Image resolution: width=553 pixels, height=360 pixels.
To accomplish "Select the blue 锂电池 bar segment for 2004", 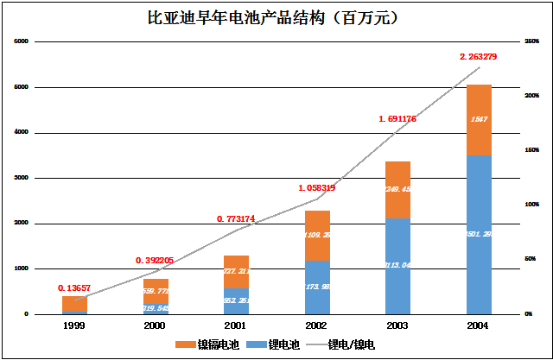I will (x=479, y=233).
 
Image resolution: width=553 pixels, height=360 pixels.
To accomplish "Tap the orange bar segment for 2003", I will (x=397, y=190).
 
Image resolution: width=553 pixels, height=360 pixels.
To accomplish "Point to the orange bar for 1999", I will (x=74, y=303).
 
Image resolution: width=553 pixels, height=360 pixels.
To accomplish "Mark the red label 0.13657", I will (x=75, y=287).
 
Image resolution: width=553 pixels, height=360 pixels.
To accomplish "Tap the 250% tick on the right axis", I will (x=532, y=41).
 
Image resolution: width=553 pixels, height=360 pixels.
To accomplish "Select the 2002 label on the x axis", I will (x=316, y=325).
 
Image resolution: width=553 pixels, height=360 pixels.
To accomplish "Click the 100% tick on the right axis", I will (x=532, y=205).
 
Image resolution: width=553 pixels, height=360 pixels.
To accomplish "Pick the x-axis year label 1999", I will (x=73, y=325).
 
